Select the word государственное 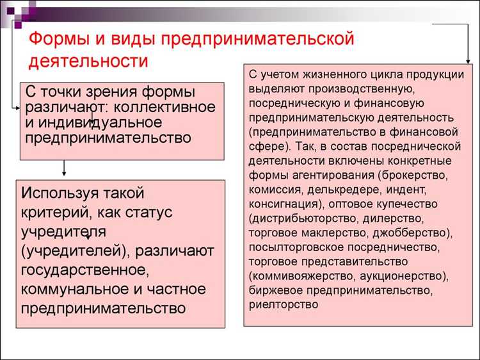[81, 270]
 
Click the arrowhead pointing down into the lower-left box [64, 173]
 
